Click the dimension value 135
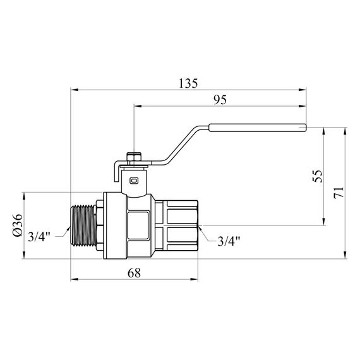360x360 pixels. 188,83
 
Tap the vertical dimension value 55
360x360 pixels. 317,175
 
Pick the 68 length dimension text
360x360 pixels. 133,272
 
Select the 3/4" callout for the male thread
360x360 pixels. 39,237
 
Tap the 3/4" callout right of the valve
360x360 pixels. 228,241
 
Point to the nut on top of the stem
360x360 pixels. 134,155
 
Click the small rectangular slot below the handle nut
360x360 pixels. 133,180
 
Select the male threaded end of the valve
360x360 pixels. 81,225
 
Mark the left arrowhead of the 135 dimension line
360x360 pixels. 73,90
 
